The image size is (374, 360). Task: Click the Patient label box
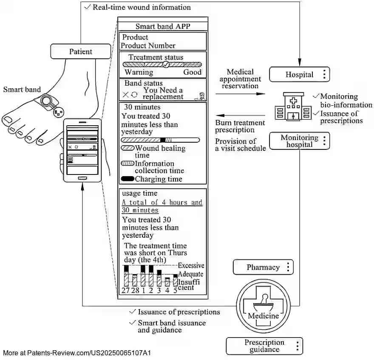(x=81, y=52)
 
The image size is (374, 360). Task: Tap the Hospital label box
(x=299, y=75)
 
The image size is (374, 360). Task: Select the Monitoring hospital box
(x=299, y=141)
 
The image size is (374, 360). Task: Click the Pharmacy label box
(x=263, y=267)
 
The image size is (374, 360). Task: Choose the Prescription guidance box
(x=264, y=346)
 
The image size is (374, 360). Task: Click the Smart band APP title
(x=163, y=26)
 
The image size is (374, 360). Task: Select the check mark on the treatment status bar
(x=166, y=65)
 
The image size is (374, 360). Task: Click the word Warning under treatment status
(x=139, y=73)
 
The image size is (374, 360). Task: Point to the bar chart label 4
(x=167, y=290)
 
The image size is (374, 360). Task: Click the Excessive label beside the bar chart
(x=191, y=266)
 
